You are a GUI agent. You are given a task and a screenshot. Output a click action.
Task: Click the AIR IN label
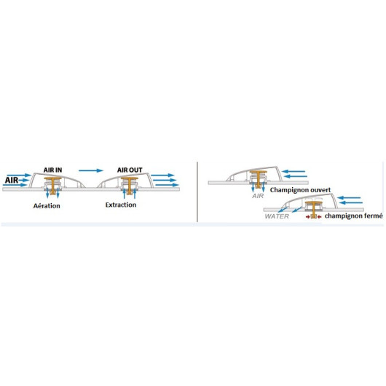point(52,170)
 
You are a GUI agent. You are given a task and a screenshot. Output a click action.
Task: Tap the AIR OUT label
point(130,170)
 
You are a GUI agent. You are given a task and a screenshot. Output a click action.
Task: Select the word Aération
point(47,206)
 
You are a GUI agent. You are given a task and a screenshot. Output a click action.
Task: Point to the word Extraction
point(121,205)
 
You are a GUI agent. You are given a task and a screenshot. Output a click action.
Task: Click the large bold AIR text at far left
point(12,180)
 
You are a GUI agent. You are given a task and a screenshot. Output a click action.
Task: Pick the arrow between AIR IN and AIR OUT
point(91,170)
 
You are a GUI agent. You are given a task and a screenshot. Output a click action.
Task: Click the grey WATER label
point(277,216)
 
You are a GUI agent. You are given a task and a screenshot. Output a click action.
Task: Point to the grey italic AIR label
point(258,196)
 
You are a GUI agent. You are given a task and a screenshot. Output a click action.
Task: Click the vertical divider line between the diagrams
point(197,192)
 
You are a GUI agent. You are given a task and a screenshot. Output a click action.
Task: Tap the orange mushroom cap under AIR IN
point(52,178)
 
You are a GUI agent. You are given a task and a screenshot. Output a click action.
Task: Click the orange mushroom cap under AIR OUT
point(130,178)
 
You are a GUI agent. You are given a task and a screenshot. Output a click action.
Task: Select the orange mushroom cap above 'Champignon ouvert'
point(259,172)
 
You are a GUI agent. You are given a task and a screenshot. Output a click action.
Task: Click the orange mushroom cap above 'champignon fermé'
point(314,202)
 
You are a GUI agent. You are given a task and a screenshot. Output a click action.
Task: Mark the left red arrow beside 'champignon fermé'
point(308,217)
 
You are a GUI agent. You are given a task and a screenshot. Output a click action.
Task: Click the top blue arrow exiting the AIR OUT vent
point(162,176)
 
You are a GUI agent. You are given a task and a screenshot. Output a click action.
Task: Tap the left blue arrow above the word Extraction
point(125,194)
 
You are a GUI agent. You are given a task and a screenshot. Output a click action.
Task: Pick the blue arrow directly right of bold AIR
point(23,180)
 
